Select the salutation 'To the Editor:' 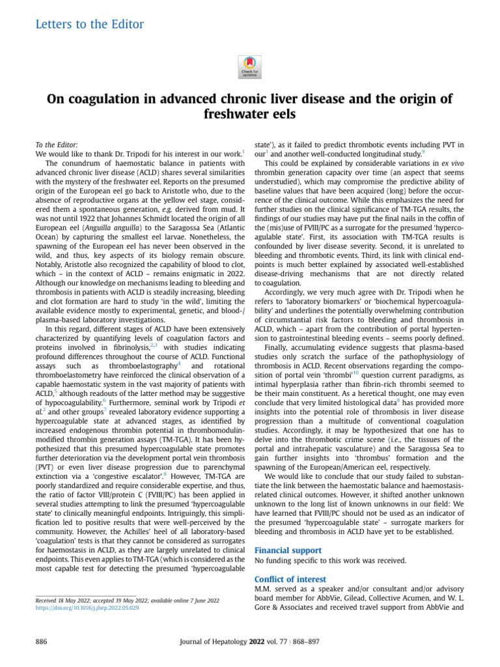pyautogui.click(x=55, y=144)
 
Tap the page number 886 pyautogui.click(x=40, y=642)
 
